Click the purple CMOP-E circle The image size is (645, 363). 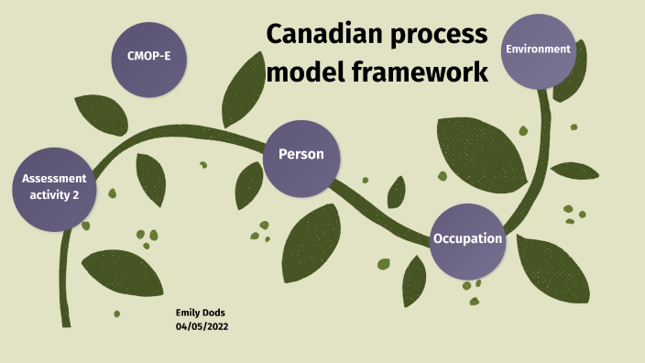[x=149, y=59]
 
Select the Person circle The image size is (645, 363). [x=301, y=156]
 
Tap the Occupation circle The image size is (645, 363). [x=467, y=240]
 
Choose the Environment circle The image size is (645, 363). [x=539, y=50]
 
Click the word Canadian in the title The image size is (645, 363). [x=322, y=36]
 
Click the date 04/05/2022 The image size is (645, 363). [x=202, y=326]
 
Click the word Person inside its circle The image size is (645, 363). [x=301, y=154]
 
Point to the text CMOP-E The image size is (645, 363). [x=149, y=57]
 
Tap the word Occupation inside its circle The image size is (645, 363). [x=467, y=239]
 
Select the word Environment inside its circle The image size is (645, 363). [x=539, y=49]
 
